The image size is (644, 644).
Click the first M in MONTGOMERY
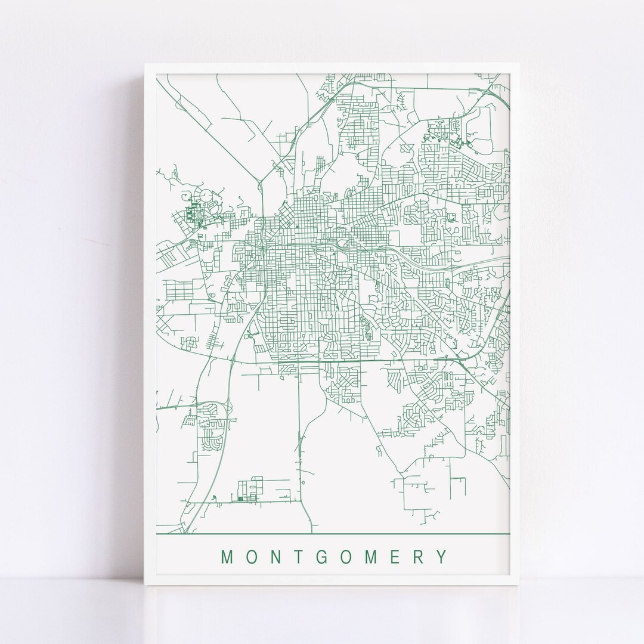pyautogui.click(x=227, y=558)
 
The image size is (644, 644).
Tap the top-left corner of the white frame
pyautogui.click(x=145, y=62)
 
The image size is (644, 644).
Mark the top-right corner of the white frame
pyautogui.click(x=519, y=62)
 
